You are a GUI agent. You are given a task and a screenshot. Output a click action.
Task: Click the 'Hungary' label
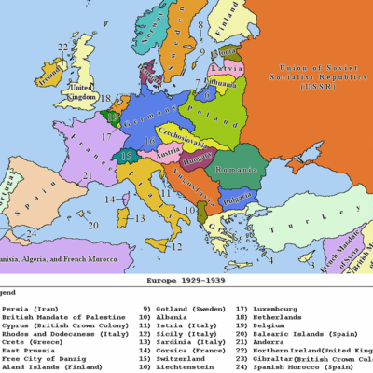pyautogui.click(x=199, y=157)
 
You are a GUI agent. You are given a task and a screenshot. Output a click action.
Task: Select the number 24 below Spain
pyautogui.click(x=32, y=233)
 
